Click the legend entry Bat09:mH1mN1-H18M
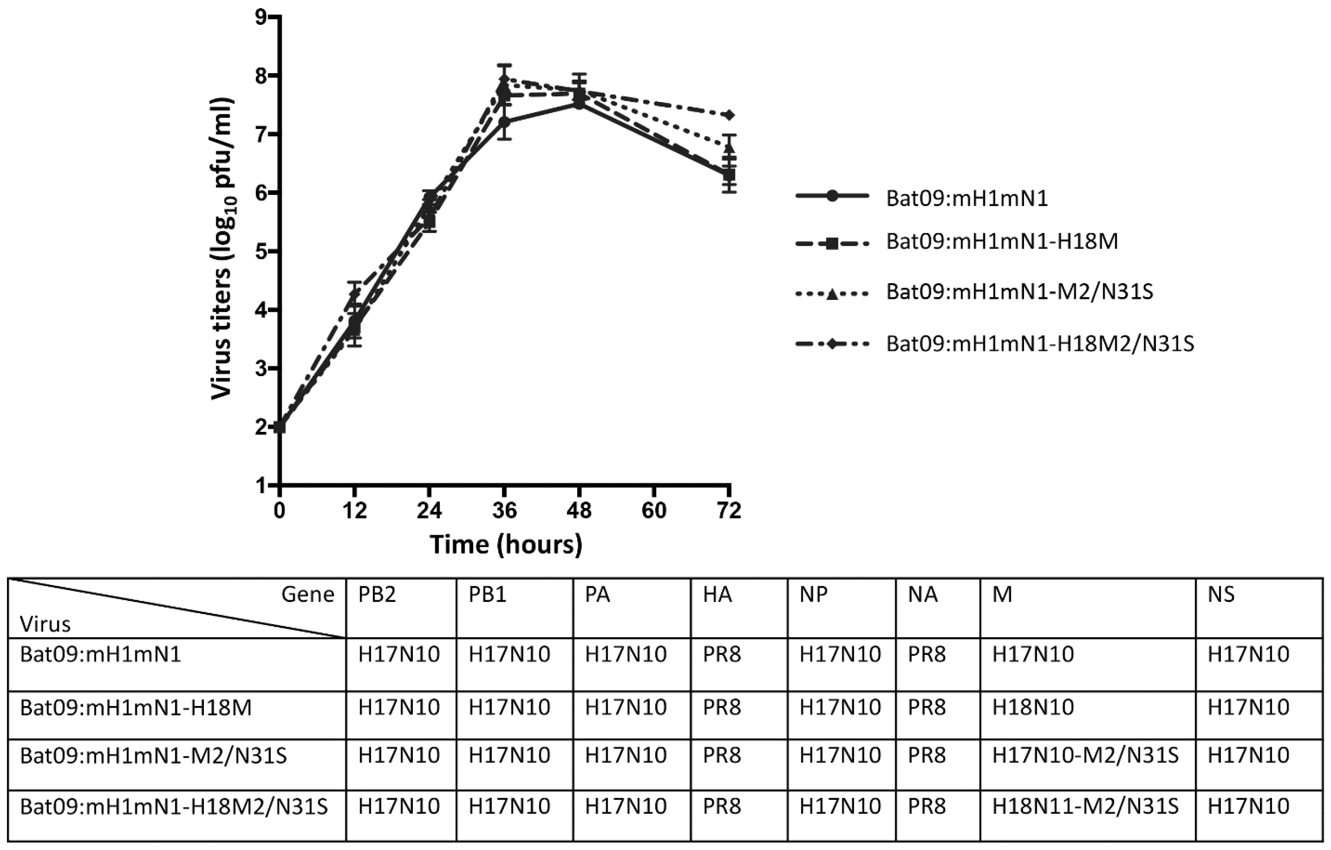1002,242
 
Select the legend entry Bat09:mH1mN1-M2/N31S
1019,292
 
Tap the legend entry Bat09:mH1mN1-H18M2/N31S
1040,344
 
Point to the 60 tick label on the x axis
654,510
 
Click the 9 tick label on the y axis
260,18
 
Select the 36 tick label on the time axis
504,510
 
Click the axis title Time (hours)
506,545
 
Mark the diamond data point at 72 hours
730,115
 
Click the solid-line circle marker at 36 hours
504,121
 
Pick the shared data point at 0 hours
280,426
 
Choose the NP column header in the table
814,595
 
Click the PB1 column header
487,595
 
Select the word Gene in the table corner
307,595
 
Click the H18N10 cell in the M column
1033,707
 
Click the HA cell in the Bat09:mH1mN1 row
722,655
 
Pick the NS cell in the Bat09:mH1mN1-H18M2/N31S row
1248,806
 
